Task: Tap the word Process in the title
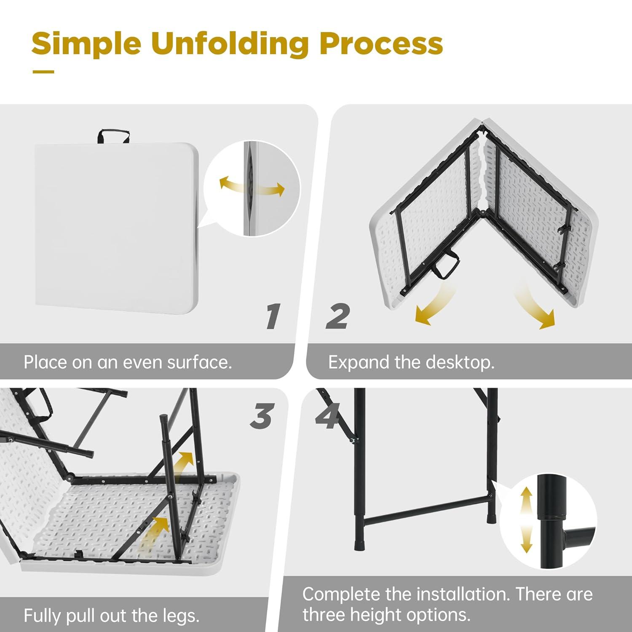381,44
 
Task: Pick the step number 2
338,316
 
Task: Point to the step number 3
262,416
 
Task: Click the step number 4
328,416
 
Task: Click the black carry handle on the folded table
113,136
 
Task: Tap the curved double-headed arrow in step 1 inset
252,186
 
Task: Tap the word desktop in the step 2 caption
460,363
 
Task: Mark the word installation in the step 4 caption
461,595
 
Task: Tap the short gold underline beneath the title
43,72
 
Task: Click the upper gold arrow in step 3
185,462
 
